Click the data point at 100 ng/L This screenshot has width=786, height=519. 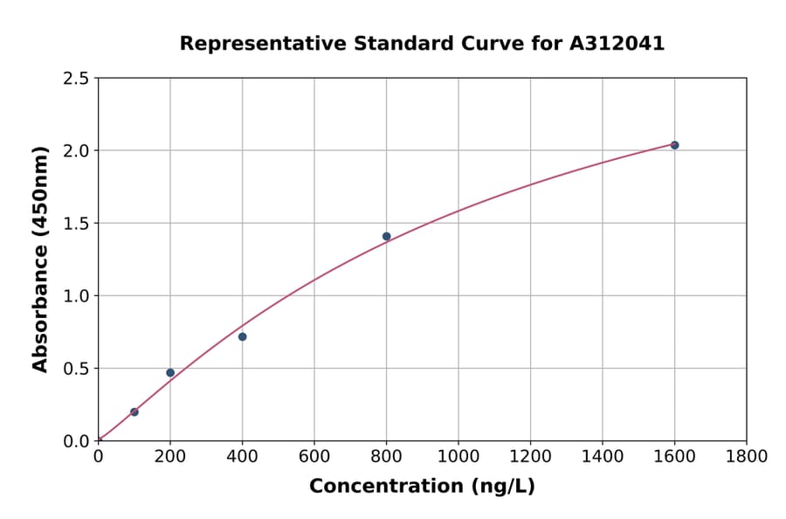point(134,412)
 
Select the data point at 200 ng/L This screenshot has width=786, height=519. point(170,373)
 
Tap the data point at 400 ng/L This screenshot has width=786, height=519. point(242,336)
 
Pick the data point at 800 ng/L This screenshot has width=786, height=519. point(386,236)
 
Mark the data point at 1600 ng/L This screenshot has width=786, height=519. point(674,145)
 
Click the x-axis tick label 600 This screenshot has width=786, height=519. point(314,456)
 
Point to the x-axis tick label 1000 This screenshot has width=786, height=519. point(458,456)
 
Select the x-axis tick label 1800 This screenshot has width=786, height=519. point(747,456)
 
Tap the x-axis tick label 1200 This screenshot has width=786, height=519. point(530,456)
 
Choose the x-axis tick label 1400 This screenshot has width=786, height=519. point(603,456)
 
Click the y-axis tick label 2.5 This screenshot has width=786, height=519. point(76,79)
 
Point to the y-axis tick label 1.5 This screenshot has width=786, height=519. point(76,224)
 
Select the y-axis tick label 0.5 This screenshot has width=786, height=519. point(76,369)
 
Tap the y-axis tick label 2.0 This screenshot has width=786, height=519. point(76,151)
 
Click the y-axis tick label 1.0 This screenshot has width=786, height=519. point(76,296)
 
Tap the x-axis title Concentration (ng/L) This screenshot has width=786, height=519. point(422,487)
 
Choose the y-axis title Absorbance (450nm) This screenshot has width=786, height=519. point(40,259)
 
